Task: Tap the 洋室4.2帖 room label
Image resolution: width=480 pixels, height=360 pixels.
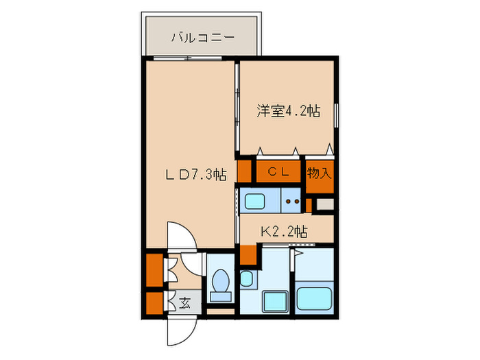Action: (288, 110)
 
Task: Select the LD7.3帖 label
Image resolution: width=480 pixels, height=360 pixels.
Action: (195, 176)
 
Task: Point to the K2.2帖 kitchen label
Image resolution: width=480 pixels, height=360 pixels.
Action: (283, 232)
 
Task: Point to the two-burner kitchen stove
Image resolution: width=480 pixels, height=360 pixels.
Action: (293, 202)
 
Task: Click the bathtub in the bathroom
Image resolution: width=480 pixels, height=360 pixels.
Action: (314, 299)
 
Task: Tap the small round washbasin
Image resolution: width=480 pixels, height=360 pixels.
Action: (246, 278)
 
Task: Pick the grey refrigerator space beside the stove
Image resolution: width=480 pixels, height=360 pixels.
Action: (325, 204)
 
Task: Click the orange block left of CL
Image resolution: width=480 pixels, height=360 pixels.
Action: (245, 171)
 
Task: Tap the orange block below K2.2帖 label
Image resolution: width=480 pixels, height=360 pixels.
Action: (248, 254)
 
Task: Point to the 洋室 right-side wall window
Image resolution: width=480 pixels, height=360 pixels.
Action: (336, 115)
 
